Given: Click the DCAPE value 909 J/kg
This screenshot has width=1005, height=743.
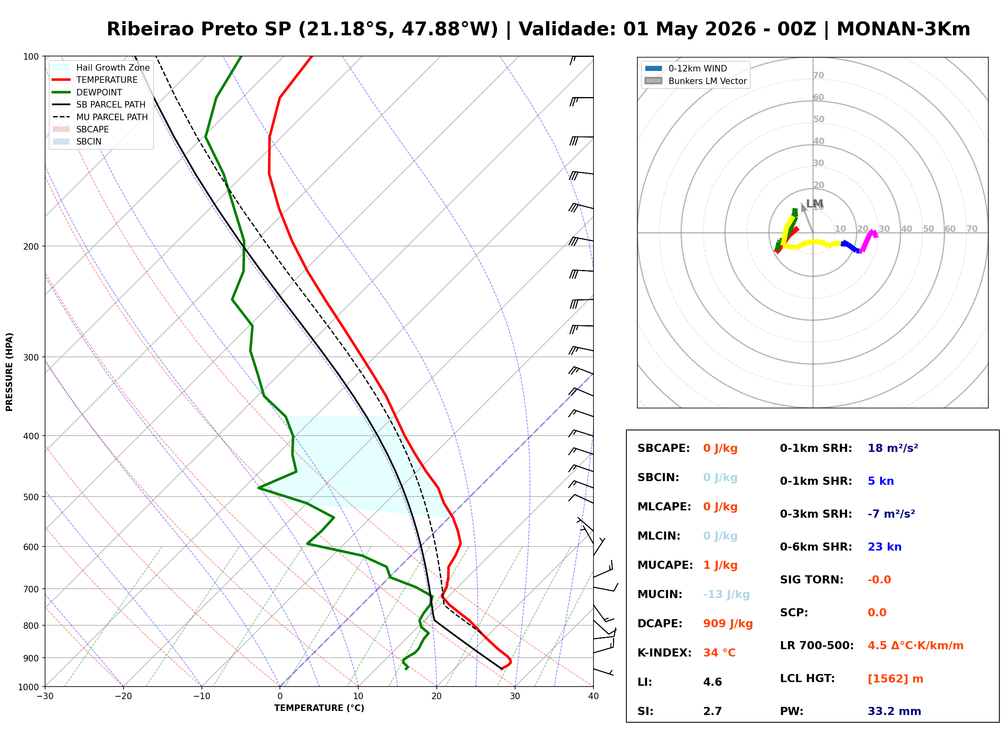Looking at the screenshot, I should pos(728,623).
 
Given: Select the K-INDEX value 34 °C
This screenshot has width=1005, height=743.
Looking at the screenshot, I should pos(719,652).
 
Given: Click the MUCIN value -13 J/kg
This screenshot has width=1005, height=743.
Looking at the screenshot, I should pos(726,594).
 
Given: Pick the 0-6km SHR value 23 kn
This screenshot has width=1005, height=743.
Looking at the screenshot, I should pos(884,546).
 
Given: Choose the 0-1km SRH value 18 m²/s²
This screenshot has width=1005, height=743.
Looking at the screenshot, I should pos(892,448).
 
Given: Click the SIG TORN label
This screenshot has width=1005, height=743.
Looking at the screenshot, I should pos(812,579).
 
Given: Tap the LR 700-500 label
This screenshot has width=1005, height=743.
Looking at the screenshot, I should pos(817,646).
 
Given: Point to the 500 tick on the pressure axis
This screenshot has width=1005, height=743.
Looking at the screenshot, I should pos(30,497).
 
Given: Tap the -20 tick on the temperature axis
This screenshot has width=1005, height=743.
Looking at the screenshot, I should pos(123,696).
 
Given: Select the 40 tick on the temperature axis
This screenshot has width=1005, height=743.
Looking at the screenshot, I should pos(593,696).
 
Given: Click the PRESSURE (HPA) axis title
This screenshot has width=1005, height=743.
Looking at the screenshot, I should pos(9,371).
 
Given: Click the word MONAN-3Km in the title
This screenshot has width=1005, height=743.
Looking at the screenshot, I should pos(903,29).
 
